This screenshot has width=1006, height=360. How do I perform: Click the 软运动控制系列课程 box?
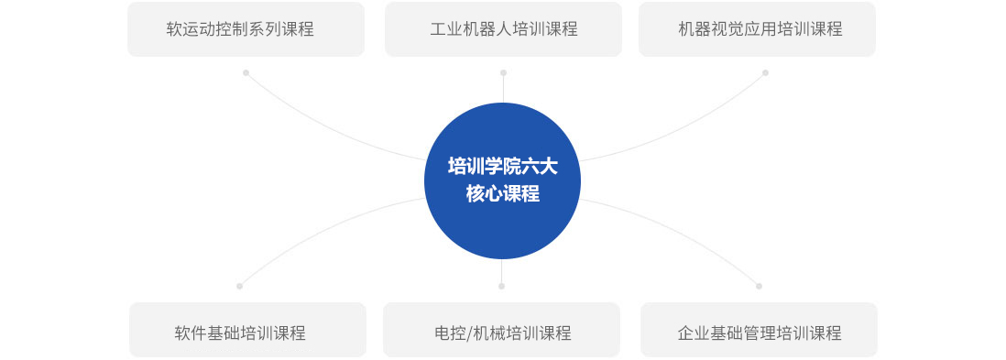(x=246, y=29)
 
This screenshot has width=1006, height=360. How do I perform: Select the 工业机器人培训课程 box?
(x=503, y=29)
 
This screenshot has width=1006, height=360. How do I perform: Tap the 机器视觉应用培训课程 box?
(x=757, y=29)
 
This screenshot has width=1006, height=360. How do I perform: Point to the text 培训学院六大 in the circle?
(x=502, y=167)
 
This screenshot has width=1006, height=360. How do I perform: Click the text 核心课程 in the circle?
(x=502, y=194)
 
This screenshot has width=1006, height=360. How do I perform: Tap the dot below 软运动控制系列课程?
(x=246, y=72)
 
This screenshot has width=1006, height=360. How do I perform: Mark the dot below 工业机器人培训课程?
(x=503, y=72)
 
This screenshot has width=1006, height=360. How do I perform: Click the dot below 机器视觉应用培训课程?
(x=765, y=72)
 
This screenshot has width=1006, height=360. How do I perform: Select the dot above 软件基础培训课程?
(x=239, y=286)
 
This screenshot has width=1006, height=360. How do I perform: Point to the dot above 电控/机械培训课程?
(x=501, y=286)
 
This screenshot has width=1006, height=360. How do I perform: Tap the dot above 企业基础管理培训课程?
(x=759, y=286)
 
